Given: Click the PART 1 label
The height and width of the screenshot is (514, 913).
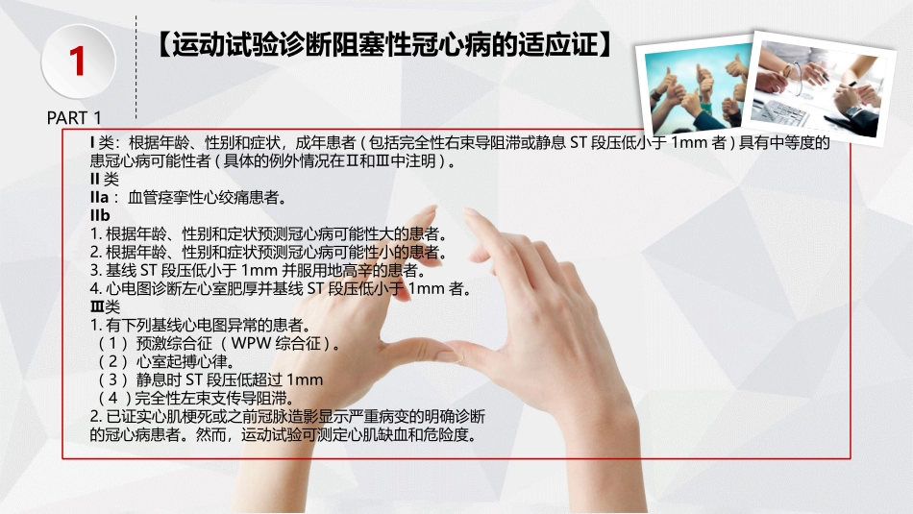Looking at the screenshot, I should (x=74, y=118).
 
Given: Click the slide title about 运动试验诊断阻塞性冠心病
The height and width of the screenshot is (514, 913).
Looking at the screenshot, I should (x=384, y=44).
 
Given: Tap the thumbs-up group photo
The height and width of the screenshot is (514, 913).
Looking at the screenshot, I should (x=699, y=92).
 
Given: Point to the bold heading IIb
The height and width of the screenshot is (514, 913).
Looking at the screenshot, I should (x=101, y=215).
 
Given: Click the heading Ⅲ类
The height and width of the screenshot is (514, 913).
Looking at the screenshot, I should (x=106, y=306).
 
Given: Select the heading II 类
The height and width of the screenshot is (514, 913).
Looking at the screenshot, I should (x=105, y=179).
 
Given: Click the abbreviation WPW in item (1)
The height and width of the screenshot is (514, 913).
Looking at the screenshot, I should (x=257, y=343).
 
